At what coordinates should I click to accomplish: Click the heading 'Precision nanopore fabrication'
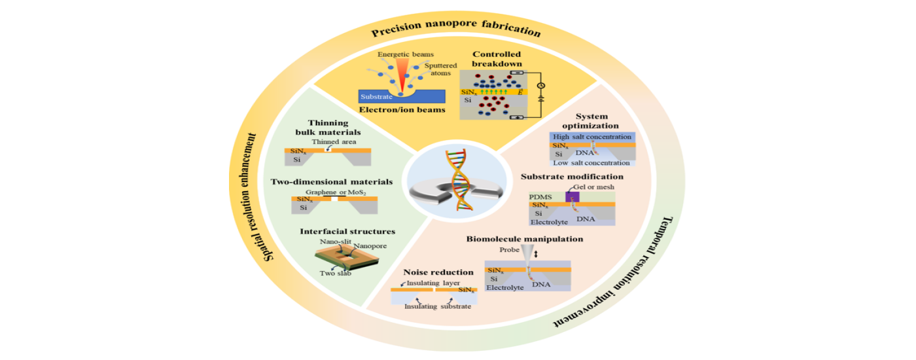[x=456, y=31]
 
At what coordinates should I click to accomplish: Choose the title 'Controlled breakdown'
[x=497, y=59]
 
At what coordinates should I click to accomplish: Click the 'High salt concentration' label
[x=591, y=137]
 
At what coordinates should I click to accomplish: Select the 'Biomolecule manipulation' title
[x=525, y=239]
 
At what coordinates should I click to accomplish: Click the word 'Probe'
[x=509, y=249]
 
